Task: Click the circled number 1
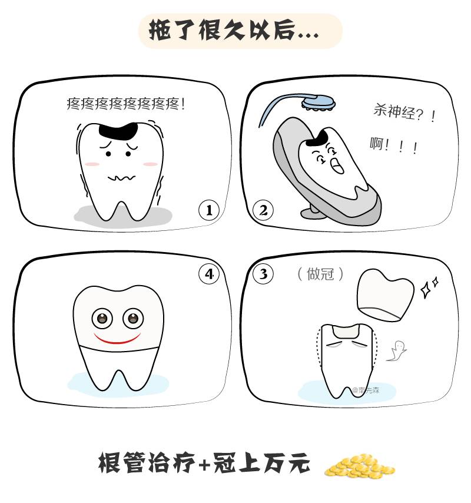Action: pyautogui.click(x=209, y=210)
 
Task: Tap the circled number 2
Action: pyautogui.click(x=263, y=210)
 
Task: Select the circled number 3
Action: pyautogui.click(x=263, y=274)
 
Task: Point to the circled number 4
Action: pyautogui.click(x=209, y=274)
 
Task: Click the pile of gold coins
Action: pyautogui.click(x=359, y=466)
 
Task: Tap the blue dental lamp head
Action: pyautogui.click(x=319, y=103)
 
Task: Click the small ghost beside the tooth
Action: pyautogui.click(x=397, y=351)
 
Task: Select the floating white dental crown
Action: pyautogui.click(x=386, y=294)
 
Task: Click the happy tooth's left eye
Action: pyautogui.click(x=102, y=319)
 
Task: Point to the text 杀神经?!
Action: pyautogui.click(x=404, y=113)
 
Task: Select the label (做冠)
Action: pyautogui.click(x=320, y=274)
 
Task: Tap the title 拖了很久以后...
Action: pyautogui.click(x=234, y=31)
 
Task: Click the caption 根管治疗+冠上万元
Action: pyautogui.click(x=204, y=463)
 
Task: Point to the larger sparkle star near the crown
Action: pyautogui.click(x=426, y=290)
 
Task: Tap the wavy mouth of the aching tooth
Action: pyautogui.click(x=121, y=178)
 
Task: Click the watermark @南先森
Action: pyautogui.click(x=366, y=391)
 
